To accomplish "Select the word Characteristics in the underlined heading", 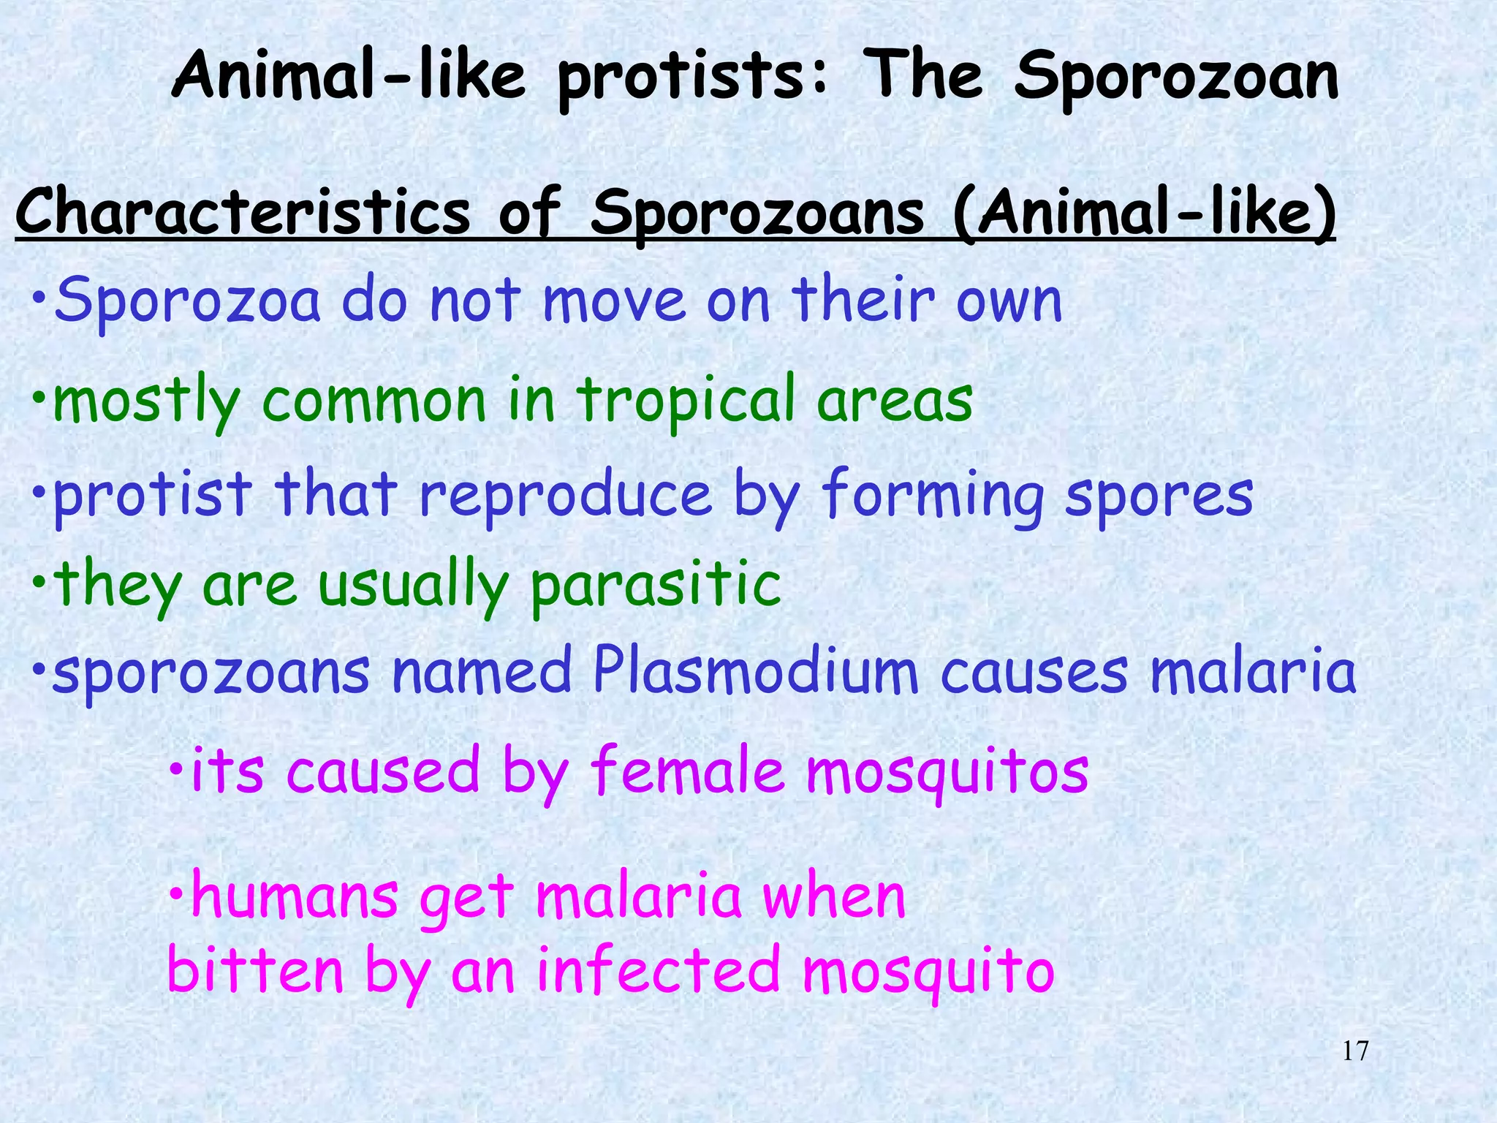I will [242, 213].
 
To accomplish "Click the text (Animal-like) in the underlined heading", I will [1144, 213].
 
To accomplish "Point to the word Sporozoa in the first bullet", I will [187, 300].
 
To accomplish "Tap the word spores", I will [1159, 495].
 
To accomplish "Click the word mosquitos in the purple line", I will [947, 771].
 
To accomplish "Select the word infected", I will [658, 969].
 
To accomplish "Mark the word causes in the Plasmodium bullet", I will [1034, 673].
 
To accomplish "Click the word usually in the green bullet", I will [413, 585].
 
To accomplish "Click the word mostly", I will [146, 402].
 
